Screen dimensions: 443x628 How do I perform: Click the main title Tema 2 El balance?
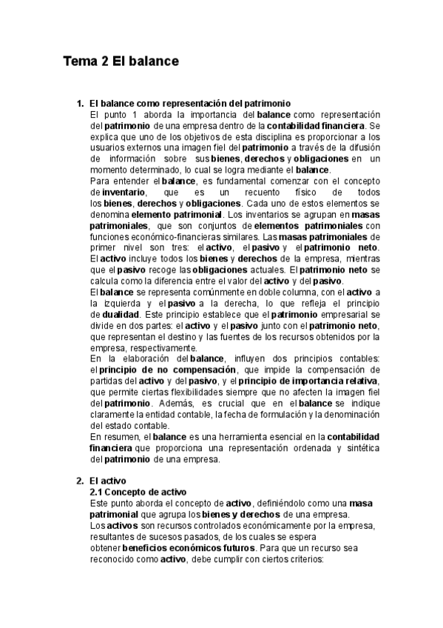(121, 61)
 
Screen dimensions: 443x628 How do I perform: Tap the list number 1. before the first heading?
(80, 104)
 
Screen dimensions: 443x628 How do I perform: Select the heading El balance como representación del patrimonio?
(189, 104)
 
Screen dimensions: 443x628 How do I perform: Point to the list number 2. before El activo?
(80, 481)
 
